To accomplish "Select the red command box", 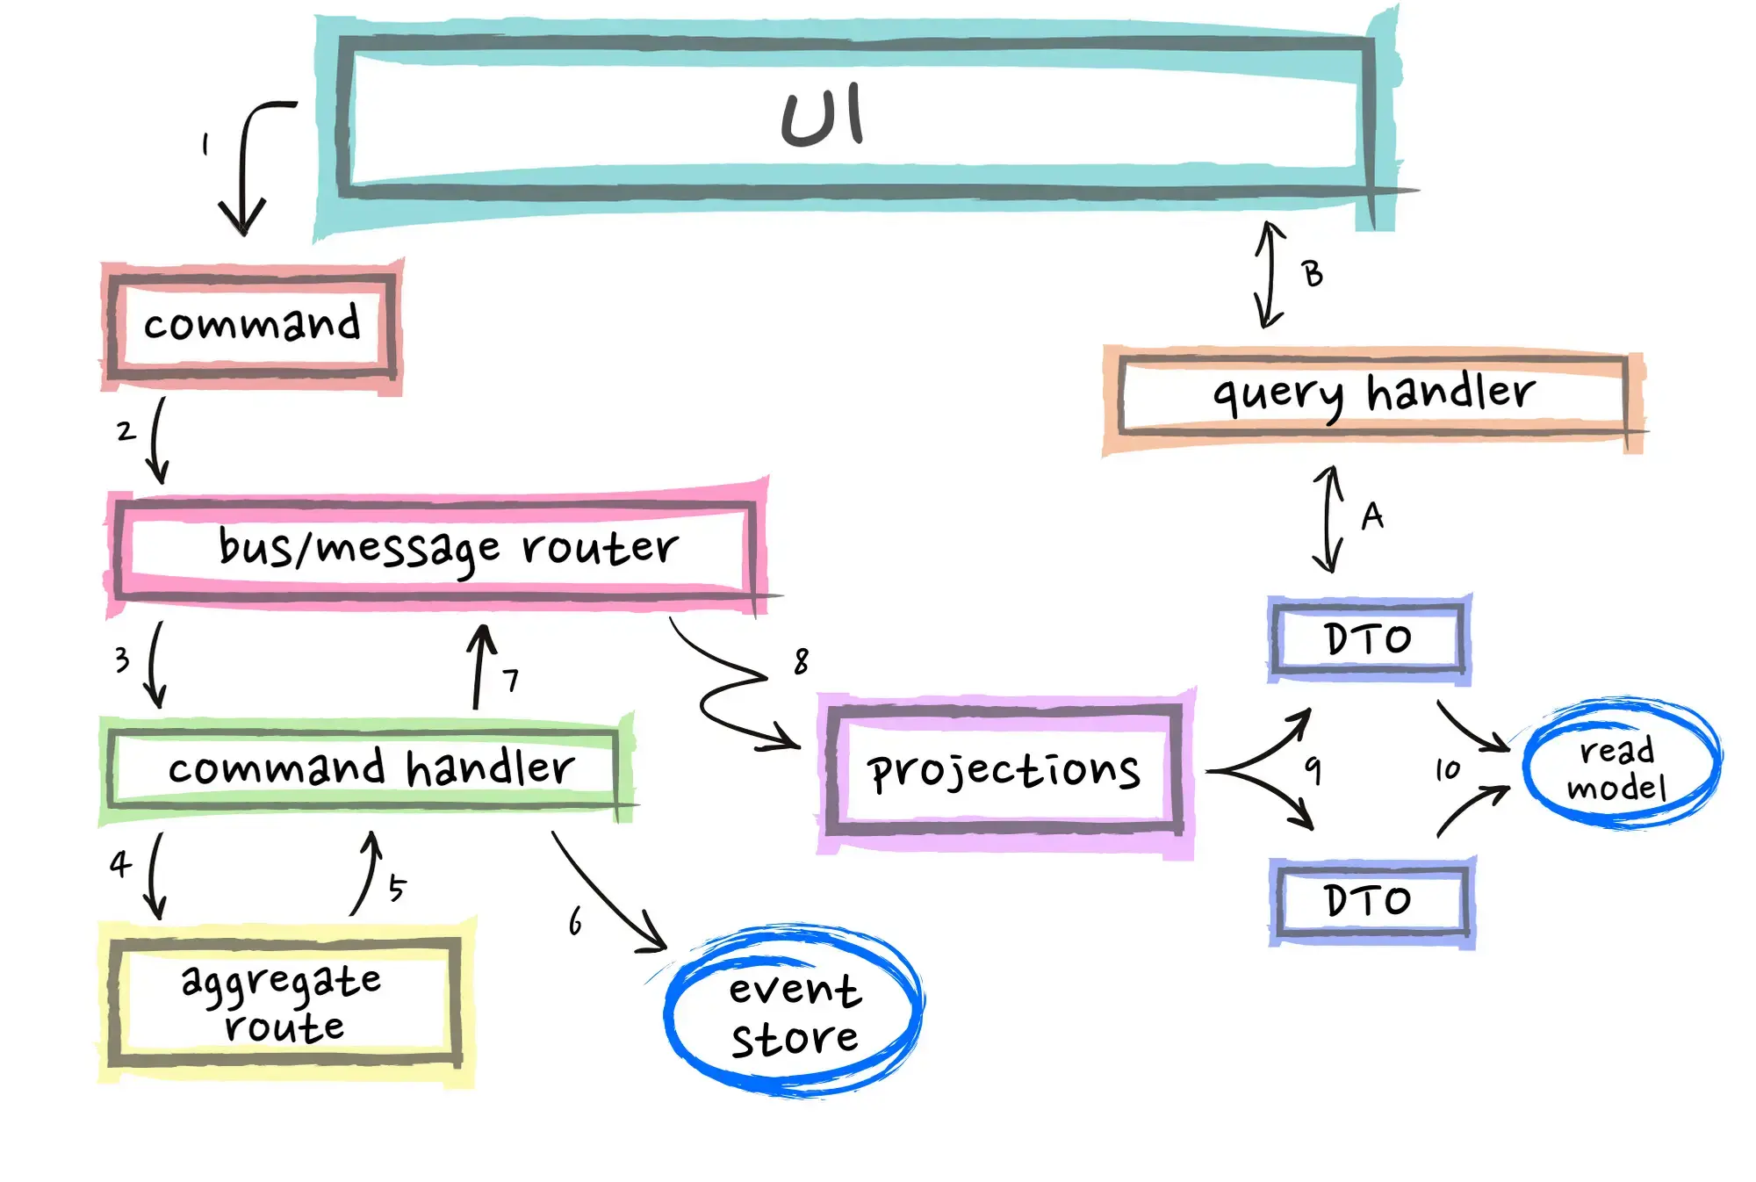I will pos(252,324).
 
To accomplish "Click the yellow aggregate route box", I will pos(284,1004).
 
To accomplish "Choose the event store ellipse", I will pos(794,1013).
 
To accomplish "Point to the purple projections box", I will pos(1004,770).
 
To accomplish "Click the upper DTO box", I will pos(1368,638).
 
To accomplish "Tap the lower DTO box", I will pos(1370,900).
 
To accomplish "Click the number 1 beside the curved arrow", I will pos(205,144).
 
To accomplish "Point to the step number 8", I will pos(801,661).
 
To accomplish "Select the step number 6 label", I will pos(575,921).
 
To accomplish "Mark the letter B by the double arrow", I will pos(1313,274).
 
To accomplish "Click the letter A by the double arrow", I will pos(1372,515).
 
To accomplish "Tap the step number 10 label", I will pos(1448,770).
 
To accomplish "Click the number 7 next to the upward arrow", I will pos(511,680).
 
